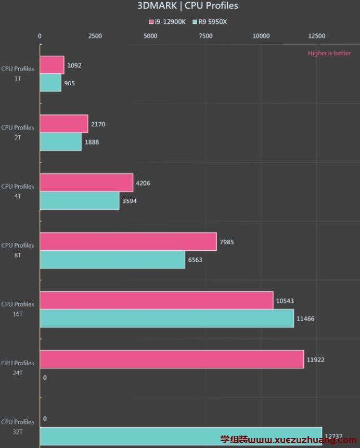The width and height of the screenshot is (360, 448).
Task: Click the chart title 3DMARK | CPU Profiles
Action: click(187, 6)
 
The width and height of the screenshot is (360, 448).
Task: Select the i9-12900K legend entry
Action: click(167, 22)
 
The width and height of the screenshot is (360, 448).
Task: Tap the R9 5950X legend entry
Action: click(210, 22)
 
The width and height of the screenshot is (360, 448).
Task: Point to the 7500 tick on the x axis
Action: click(205, 36)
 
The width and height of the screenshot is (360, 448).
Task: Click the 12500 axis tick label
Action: click(316, 36)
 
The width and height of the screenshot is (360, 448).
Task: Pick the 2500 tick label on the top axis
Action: click(95, 36)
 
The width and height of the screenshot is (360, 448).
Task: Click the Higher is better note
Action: click(329, 53)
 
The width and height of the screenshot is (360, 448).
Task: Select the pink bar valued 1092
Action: click(52, 65)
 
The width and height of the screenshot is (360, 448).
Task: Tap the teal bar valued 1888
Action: click(61, 142)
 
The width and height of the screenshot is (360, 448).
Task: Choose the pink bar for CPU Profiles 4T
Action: click(86, 183)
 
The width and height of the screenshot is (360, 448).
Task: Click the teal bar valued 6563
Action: click(112, 260)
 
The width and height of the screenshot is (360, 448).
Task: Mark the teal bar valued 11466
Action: click(167, 318)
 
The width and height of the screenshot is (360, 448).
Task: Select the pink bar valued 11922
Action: click(172, 359)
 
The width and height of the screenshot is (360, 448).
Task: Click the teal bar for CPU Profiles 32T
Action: click(181, 436)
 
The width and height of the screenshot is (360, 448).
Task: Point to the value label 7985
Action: click(226, 242)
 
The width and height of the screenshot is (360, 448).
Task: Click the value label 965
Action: click(69, 83)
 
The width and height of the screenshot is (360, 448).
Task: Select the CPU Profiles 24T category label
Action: click(18, 368)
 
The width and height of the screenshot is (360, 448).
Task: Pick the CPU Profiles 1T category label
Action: click(18, 73)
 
